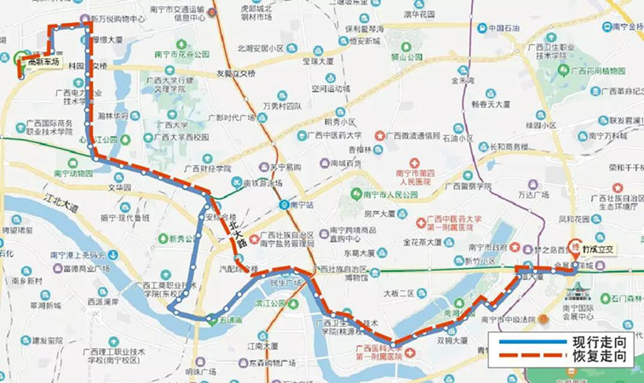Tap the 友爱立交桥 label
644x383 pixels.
(235, 74)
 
